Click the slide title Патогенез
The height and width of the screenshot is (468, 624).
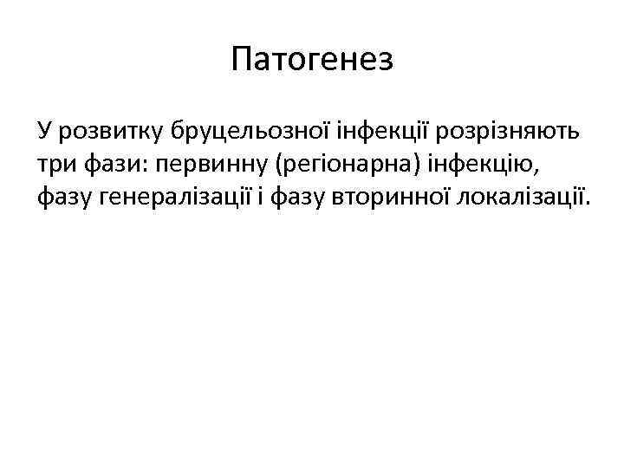312,60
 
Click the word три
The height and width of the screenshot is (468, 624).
55,166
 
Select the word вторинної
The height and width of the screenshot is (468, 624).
394,198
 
